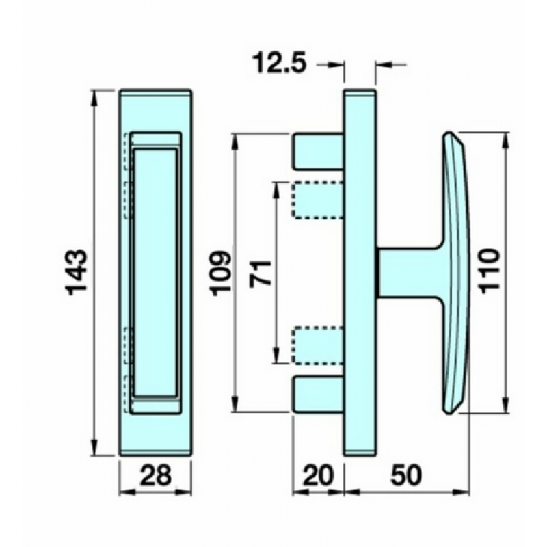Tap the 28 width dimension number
point(155,474)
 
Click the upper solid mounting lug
point(318,151)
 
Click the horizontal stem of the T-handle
point(410,271)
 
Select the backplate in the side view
point(359,271)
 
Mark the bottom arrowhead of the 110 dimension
point(506,406)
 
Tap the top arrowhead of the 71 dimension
point(277,187)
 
